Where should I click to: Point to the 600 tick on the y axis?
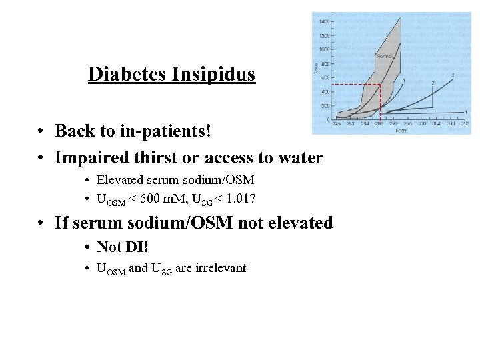coord(325,78)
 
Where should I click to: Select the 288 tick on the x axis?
coord(379,123)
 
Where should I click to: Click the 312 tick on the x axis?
coord(465,123)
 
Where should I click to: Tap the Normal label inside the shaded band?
coord(385,57)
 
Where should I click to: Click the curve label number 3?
coord(453,75)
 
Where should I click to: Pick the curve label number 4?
coord(403,80)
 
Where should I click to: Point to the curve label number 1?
coord(465,111)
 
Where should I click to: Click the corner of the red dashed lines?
coord(380,85)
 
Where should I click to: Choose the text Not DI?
coord(122,247)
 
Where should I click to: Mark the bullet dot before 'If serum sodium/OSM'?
coord(41,223)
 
